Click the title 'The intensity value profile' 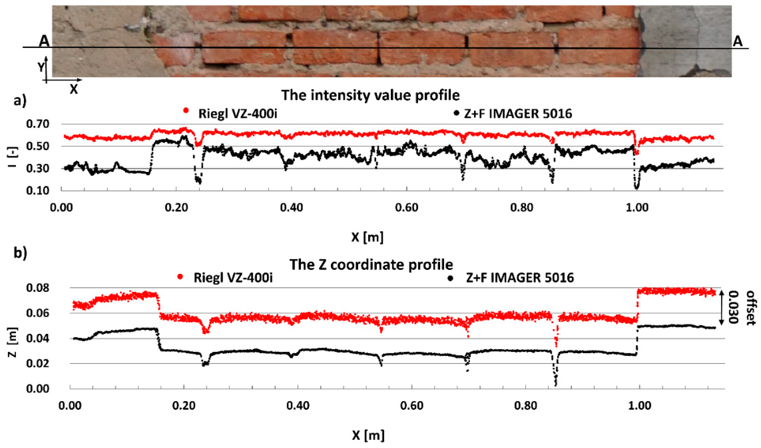[x=371, y=95]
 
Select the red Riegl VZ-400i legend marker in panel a [x=186, y=111]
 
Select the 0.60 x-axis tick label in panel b [x=412, y=405]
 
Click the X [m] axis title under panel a [x=367, y=238]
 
